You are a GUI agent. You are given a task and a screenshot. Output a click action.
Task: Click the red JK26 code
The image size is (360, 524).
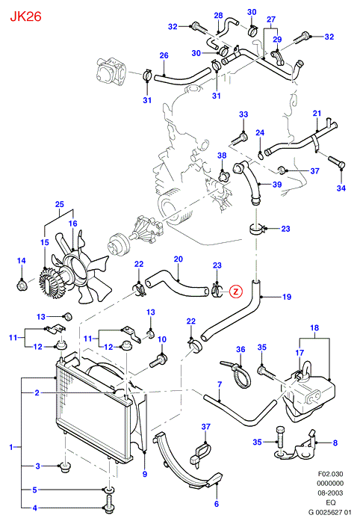coord(25,16)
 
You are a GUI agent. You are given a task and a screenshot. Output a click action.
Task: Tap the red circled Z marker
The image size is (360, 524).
coord(236,292)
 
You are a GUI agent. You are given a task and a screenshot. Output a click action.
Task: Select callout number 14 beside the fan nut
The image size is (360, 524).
coord(22,261)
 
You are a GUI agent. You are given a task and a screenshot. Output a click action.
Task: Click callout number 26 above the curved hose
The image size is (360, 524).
coord(164,55)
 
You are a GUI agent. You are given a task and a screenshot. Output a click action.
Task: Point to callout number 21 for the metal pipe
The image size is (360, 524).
coord(317,114)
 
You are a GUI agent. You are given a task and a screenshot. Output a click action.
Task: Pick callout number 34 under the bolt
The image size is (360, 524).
coord(341,188)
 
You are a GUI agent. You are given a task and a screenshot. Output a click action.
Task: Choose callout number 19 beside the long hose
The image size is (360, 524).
coord(287,297)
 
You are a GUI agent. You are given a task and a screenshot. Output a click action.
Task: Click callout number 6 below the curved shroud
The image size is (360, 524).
coord(217,504)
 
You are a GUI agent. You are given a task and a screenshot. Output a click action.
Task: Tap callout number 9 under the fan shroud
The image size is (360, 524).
coord(145,474)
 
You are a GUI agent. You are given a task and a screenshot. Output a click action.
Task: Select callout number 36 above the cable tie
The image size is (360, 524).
coord(240,350)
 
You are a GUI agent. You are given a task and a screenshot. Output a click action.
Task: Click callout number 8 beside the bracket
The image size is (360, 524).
coord(335,443)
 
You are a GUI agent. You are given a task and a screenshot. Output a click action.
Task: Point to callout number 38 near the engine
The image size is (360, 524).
coord(222,155)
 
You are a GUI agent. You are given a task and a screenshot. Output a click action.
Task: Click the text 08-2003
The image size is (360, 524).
coord(331,493)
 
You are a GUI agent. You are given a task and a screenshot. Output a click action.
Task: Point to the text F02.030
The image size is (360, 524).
coord(331,474)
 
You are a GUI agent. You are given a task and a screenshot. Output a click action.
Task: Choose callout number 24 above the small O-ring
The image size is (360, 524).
coord(260,132)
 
